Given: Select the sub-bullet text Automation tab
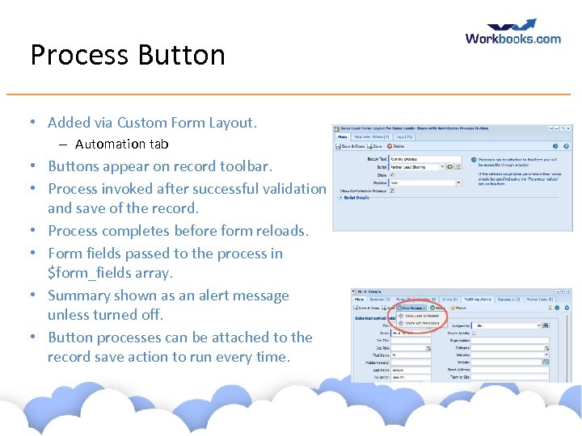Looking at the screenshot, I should tap(121, 145).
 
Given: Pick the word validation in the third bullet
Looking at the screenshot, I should tap(288, 189).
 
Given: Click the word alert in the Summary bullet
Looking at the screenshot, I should tap(210, 296).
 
